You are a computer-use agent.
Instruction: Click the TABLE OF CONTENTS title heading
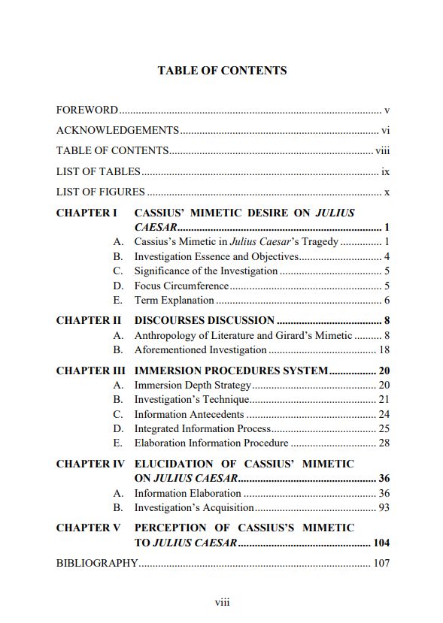[x=222, y=71]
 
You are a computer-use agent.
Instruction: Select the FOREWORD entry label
[x=87, y=110]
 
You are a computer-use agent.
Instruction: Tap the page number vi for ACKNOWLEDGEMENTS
[x=385, y=130]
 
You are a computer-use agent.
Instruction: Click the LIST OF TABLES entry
[x=99, y=171]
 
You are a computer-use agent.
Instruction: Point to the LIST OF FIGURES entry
[x=101, y=192]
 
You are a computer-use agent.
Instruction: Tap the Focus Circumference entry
[x=181, y=286]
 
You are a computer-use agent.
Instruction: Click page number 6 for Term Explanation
[x=386, y=301]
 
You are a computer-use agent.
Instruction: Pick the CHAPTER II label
[x=88, y=321]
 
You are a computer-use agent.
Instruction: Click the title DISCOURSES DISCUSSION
[x=204, y=321]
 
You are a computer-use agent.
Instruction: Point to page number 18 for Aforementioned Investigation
[x=384, y=349]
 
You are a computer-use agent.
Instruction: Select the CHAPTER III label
[x=91, y=371]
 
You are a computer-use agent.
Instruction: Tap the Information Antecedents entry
[x=189, y=415]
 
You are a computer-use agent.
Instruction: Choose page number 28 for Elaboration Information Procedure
[x=384, y=443]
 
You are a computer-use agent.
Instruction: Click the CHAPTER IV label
[x=90, y=464]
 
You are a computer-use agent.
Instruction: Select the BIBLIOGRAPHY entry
[x=97, y=563]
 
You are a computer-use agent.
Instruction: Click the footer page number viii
[x=222, y=603]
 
